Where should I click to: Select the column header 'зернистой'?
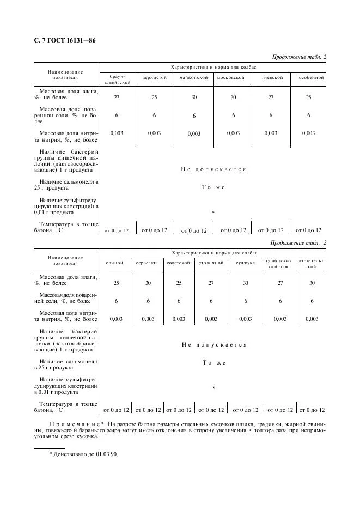(x=155, y=78)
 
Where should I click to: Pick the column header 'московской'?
(x=233, y=78)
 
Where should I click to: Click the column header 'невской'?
(x=273, y=78)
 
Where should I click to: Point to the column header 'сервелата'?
(x=148, y=263)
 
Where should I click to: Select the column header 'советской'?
(x=179, y=263)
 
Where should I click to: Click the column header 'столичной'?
(x=211, y=263)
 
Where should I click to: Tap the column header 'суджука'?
(x=245, y=263)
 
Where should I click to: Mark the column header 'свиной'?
(x=117, y=263)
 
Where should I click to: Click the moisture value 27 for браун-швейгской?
(x=117, y=97)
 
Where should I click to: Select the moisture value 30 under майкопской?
(x=194, y=97)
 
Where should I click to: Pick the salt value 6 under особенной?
(x=308, y=115)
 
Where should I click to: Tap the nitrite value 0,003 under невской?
(x=271, y=133)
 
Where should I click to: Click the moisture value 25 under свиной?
(x=117, y=283)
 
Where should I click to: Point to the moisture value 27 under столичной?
(x=211, y=283)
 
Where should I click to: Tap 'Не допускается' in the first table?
(x=213, y=169)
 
